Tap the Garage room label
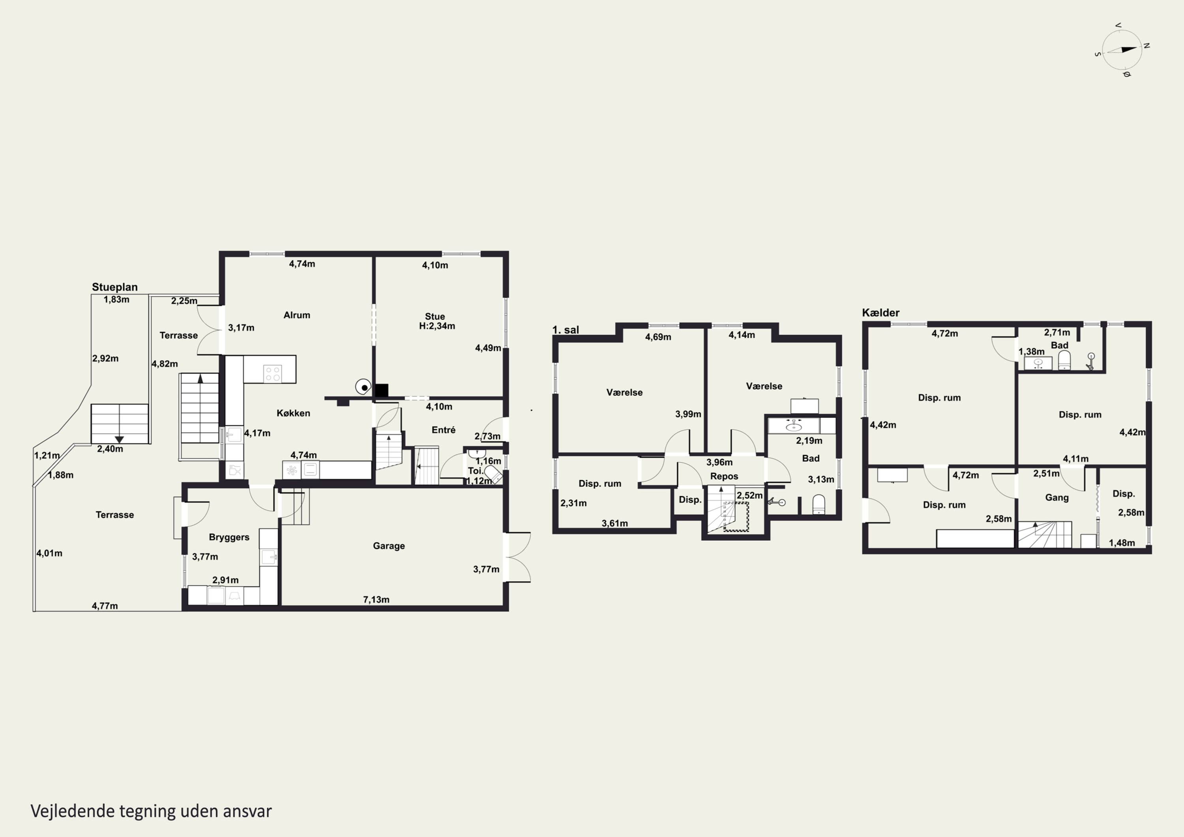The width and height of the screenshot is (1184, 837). pyautogui.click(x=389, y=546)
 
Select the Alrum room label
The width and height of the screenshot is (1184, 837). pyautogui.click(x=297, y=315)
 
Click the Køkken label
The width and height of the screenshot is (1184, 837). pyautogui.click(x=293, y=413)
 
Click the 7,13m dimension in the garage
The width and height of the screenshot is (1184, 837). pyautogui.click(x=377, y=599)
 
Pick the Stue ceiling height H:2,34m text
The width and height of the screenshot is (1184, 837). pyautogui.click(x=437, y=326)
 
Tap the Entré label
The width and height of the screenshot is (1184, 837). pyautogui.click(x=444, y=430)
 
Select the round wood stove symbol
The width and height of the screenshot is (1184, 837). pyautogui.click(x=363, y=387)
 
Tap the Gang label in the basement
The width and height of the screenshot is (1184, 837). pyautogui.click(x=1057, y=498)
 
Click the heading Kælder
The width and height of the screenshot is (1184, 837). pyautogui.click(x=881, y=313)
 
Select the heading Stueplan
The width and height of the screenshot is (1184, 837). pyautogui.click(x=114, y=287)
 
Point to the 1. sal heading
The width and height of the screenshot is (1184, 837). pyautogui.click(x=566, y=330)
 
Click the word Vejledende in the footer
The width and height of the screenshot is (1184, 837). pyautogui.click(x=73, y=811)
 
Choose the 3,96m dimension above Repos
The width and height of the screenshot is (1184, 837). pyautogui.click(x=719, y=462)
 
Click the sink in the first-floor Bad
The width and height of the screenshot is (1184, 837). pyautogui.click(x=794, y=426)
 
